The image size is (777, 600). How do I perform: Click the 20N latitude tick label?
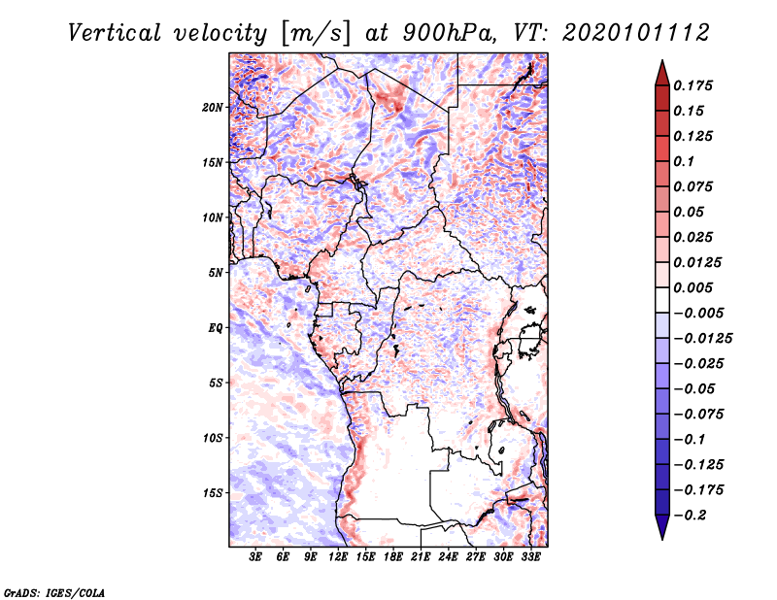tap(213, 107)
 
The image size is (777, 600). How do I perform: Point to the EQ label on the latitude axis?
tap(216, 328)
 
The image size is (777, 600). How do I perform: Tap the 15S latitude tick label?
tap(213, 493)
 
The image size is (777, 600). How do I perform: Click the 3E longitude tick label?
tap(255, 557)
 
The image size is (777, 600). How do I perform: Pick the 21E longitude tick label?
tap(421, 557)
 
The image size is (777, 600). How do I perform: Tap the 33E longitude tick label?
tap(530, 557)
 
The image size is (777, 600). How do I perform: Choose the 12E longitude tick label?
tap(338, 557)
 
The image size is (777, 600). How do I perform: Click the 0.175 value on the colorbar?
tap(695, 85)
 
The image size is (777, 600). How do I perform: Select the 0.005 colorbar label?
tap(695, 287)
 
